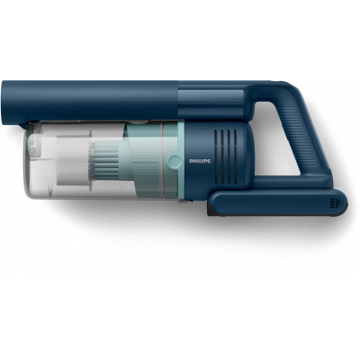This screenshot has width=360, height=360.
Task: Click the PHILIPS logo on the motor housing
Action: point(200,161)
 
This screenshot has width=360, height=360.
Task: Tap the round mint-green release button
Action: point(174,161)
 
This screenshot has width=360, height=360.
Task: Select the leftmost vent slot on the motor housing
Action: point(216,157)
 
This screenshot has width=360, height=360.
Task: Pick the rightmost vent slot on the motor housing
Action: point(236,157)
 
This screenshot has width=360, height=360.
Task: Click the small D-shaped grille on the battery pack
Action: point(335,203)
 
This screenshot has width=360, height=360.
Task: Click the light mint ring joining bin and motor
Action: point(181,159)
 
